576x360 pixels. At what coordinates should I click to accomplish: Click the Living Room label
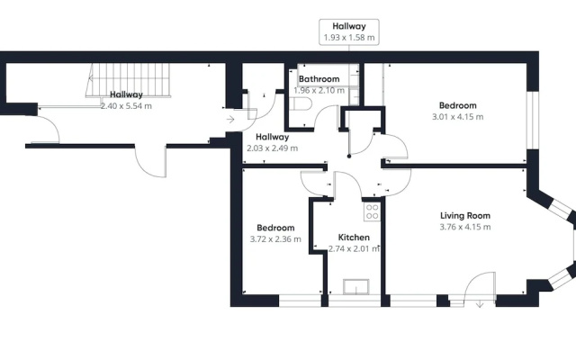[465, 216]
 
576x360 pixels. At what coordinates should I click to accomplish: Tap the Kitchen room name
[354, 238]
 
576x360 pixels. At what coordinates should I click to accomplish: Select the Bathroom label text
[319, 79]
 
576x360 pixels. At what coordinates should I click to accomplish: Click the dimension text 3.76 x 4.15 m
[465, 227]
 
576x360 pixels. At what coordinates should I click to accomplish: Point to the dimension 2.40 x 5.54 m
[126, 106]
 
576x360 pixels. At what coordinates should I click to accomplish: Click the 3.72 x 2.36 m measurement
[275, 239]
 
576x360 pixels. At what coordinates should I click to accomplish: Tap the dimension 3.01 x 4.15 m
[458, 117]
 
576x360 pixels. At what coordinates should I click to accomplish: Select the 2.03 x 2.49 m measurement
[272, 148]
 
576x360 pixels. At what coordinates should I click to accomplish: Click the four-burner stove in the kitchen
[372, 212]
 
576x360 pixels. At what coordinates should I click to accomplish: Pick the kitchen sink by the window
[356, 286]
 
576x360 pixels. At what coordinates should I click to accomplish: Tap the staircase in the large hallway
[129, 80]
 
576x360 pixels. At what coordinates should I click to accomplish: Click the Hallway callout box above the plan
[349, 32]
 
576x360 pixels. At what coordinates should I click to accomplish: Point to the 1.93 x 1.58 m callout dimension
[349, 38]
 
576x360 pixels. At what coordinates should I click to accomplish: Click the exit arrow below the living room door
[480, 304]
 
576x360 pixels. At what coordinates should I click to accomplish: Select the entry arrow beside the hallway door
[230, 120]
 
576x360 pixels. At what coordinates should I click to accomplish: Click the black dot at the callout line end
[349, 156]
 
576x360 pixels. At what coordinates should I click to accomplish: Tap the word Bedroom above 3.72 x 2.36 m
[275, 228]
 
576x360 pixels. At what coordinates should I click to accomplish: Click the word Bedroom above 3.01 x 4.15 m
[458, 105]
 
